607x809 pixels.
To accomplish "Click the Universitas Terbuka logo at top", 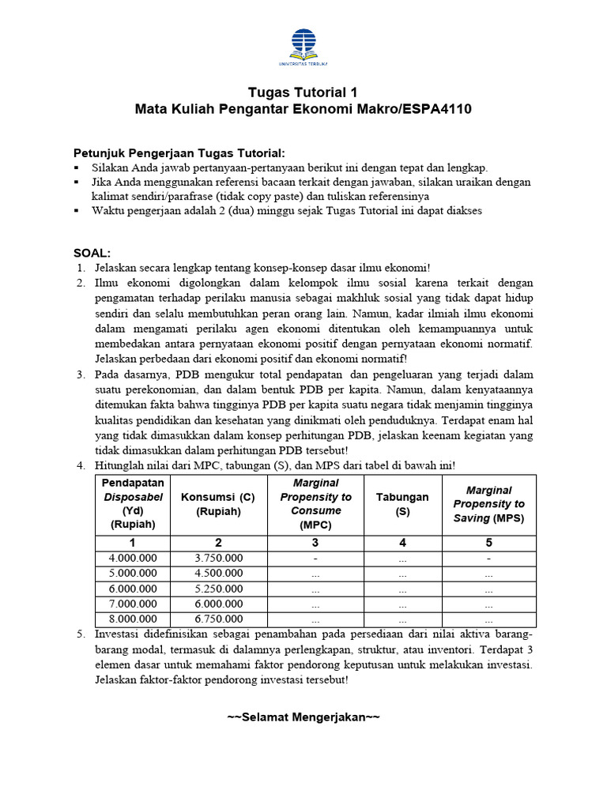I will click(x=303, y=46).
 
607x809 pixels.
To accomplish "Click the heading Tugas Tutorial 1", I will click(x=303, y=92).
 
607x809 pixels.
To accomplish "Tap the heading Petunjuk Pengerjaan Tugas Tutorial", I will click(x=179, y=152).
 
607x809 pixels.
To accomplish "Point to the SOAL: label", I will click(x=92, y=253).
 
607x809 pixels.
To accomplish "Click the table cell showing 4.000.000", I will click(x=133, y=558).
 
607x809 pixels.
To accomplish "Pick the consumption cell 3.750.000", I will click(x=218, y=558).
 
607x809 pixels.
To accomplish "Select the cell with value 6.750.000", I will click(x=218, y=619).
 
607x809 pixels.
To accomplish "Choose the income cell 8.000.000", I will click(x=133, y=619).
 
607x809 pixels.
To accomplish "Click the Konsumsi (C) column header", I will click(x=218, y=504).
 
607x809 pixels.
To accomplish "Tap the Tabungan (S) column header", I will click(x=402, y=504).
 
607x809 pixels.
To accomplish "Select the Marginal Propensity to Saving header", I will click(x=488, y=504).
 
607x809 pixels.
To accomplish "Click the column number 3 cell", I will click(x=316, y=543).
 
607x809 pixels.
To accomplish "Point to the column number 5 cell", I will click(x=488, y=543).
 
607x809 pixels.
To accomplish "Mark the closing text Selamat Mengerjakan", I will click(x=303, y=717).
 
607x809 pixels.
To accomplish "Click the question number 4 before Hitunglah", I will click(x=81, y=465).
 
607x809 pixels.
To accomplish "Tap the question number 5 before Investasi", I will click(x=81, y=634).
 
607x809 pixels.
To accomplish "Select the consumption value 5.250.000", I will click(x=218, y=589).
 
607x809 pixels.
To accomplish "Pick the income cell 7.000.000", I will click(x=133, y=604).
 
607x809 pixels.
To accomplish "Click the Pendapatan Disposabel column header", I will click(x=133, y=504).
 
